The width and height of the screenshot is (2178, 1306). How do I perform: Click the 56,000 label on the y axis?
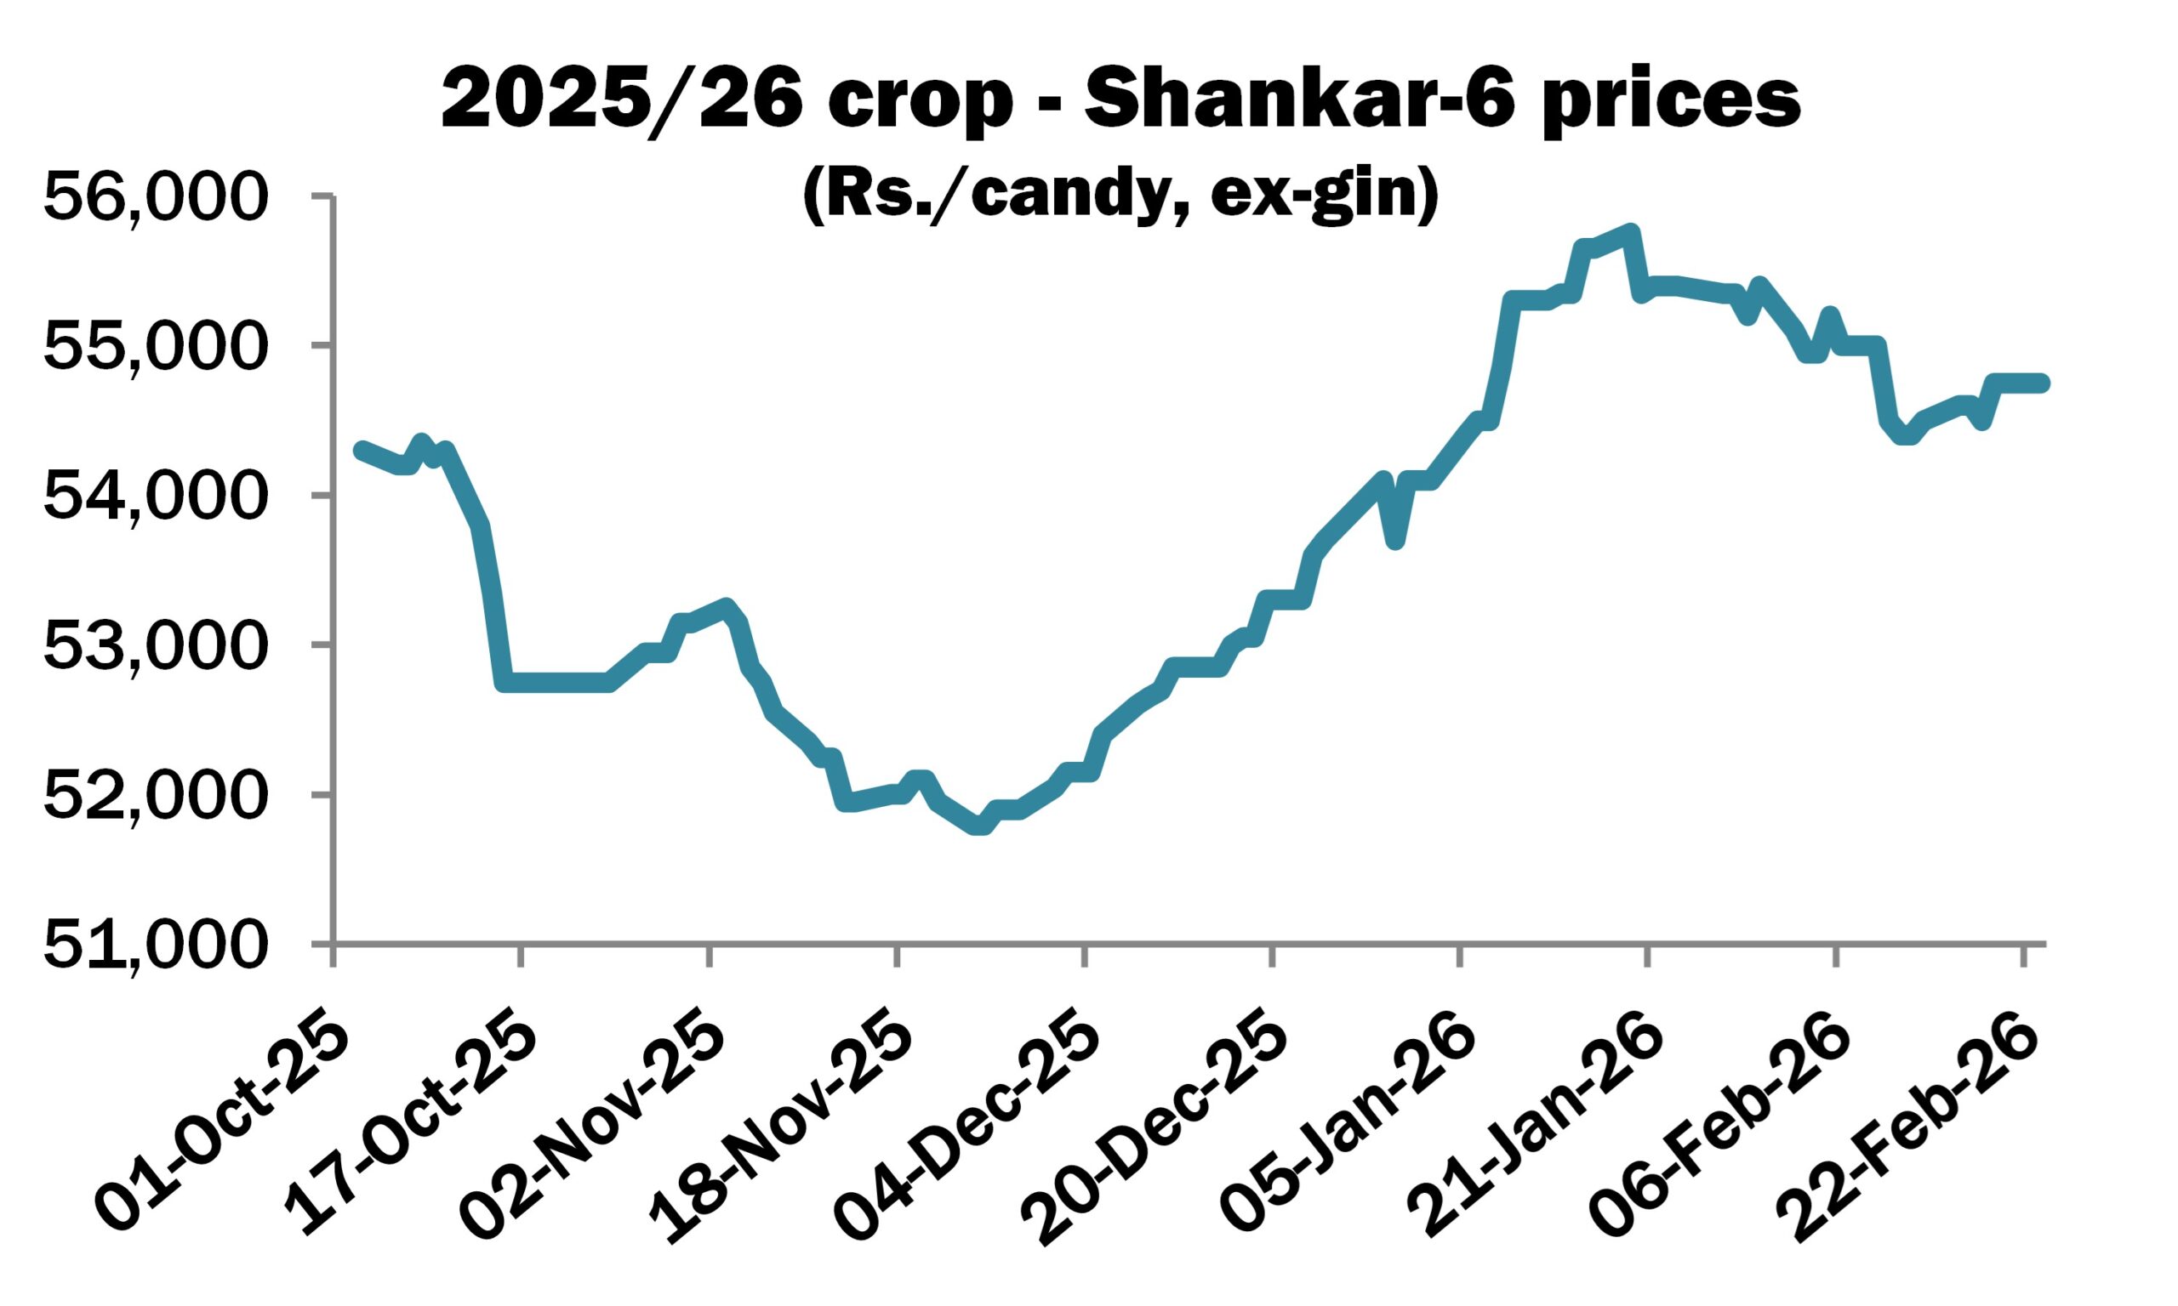pos(154,197)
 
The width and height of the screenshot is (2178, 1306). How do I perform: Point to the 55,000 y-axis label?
pos(154,348)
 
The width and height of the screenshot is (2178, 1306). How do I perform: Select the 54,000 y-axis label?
pos(154,497)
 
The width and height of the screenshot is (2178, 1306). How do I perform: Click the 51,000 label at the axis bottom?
pos(154,946)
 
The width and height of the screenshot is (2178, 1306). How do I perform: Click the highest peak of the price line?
pos(1630,232)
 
